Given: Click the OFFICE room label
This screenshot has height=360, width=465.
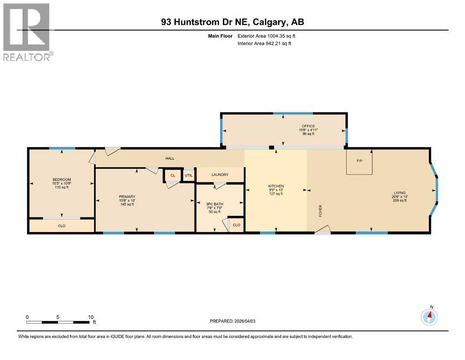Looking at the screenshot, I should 308,126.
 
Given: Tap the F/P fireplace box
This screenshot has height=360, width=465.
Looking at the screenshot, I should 359,161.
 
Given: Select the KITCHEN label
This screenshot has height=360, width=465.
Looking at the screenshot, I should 276,186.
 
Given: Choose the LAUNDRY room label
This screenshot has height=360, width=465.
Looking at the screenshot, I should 220,175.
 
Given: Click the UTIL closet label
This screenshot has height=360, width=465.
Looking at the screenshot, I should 188,175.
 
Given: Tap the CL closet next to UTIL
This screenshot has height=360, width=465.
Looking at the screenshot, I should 172,175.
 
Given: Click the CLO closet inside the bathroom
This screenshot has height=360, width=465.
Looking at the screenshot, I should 236,225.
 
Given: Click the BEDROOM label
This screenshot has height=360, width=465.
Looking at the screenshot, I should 61,180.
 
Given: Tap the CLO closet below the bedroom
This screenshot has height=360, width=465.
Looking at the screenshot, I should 61,225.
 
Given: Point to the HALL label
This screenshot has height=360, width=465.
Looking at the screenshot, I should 170,158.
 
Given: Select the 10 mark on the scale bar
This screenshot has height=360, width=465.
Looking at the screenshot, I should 91,317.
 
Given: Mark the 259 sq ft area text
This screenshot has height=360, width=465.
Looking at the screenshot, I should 399,200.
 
